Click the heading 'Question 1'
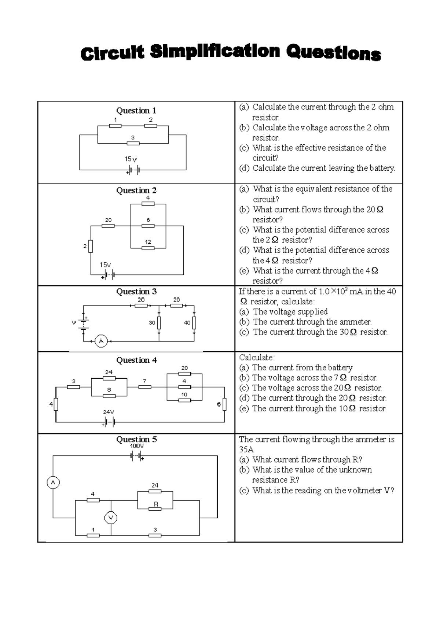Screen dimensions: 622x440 (136, 111)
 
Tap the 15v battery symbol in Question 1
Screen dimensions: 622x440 (133, 170)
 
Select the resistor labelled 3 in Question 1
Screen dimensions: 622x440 (133, 143)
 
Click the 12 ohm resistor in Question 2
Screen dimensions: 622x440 (148, 248)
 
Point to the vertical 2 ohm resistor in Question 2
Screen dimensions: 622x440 (91, 246)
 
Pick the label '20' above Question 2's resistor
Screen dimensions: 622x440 (108, 220)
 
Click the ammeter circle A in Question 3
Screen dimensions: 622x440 (101, 341)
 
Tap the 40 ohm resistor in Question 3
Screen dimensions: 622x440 (194, 323)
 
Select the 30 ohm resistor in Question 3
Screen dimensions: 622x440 (159, 323)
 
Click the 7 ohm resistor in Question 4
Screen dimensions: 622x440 (144, 387)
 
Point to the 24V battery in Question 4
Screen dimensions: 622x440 (109, 422)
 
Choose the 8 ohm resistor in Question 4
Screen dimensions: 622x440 (109, 396)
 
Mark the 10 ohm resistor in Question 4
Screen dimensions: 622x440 (184, 400)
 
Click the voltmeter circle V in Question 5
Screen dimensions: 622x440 (111, 518)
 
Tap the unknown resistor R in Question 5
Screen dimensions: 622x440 (155, 509)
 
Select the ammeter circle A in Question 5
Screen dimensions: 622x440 (53, 482)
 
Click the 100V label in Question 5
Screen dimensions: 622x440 (137, 446)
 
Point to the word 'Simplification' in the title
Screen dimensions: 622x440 (215, 52)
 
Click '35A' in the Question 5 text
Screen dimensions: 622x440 (246, 450)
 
